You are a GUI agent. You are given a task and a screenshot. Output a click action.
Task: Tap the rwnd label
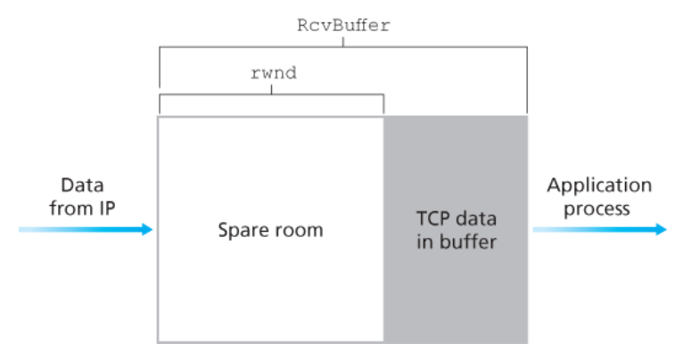pos(273,74)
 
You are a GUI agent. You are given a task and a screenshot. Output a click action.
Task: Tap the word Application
pos(599,186)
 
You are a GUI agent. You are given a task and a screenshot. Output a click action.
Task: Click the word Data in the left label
pos(82,186)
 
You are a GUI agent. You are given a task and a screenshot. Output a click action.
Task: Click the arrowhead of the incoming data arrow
pos(147,230)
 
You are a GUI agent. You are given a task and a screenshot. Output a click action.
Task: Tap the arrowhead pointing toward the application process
pos(660,230)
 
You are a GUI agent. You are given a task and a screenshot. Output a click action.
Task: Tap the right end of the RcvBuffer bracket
pos(527,111)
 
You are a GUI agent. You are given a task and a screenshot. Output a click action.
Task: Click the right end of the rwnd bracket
pos(383,111)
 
